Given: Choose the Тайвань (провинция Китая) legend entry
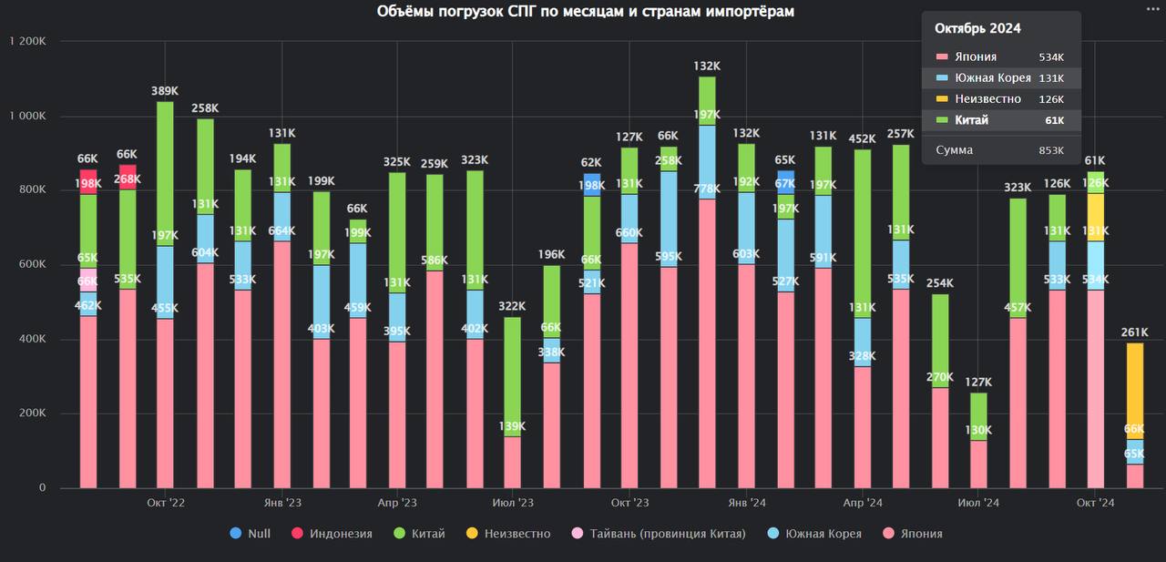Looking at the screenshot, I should (x=660, y=534).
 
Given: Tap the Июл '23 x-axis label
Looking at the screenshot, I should (x=513, y=503).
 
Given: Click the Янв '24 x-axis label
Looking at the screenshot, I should (x=746, y=503).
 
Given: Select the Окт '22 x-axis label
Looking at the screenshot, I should (x=165, y=503).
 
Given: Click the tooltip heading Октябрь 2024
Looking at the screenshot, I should (x=977, y=28).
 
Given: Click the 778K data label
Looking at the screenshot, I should (x=707, y=189).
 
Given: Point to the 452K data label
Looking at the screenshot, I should (x=862, y=139).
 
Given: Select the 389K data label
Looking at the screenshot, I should (x=165, y=91).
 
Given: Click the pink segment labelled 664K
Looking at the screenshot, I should (x=281, y=364).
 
